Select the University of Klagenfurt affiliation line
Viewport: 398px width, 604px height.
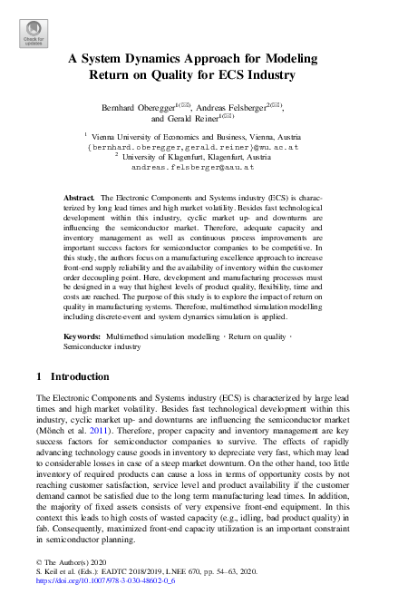coord(203,156)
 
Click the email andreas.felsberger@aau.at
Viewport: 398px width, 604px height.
coord(192,167)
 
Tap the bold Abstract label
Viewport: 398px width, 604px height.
coord(79,197)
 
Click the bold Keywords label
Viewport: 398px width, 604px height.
coord(83,336)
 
